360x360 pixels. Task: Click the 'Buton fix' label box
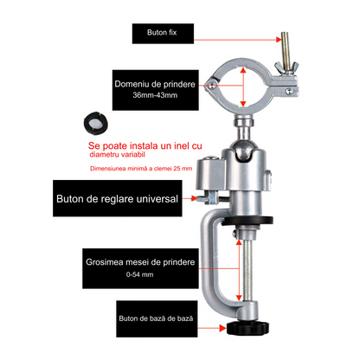click(x=163, y=34)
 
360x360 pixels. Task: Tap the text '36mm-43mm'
click(x=155, y=95)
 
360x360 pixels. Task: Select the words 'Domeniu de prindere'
click(x=155, y=84)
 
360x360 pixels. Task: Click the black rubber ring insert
click(x=96, y=123)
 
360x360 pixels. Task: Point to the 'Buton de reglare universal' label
click(x=118, y=198)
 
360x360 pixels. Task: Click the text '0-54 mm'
click(x=139, y=274)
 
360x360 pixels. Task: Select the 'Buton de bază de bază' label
click(x=157, y=318)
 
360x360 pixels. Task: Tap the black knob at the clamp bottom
click(x=247, y=329)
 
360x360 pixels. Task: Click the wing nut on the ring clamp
click(x=286, y=68)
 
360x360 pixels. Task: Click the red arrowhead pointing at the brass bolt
click(x=278, y=40)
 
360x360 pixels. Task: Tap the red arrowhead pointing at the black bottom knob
click(x=222, y=328)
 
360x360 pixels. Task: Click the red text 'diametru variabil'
click(x=117, y=155)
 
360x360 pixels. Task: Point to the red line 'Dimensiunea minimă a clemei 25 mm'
click(x=141, y=169)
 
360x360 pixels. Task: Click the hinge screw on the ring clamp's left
click(x=212, y=85)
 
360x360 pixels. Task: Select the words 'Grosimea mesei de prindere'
click(x=140, y=262)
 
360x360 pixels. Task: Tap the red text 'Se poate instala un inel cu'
click(x=145, y=145)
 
